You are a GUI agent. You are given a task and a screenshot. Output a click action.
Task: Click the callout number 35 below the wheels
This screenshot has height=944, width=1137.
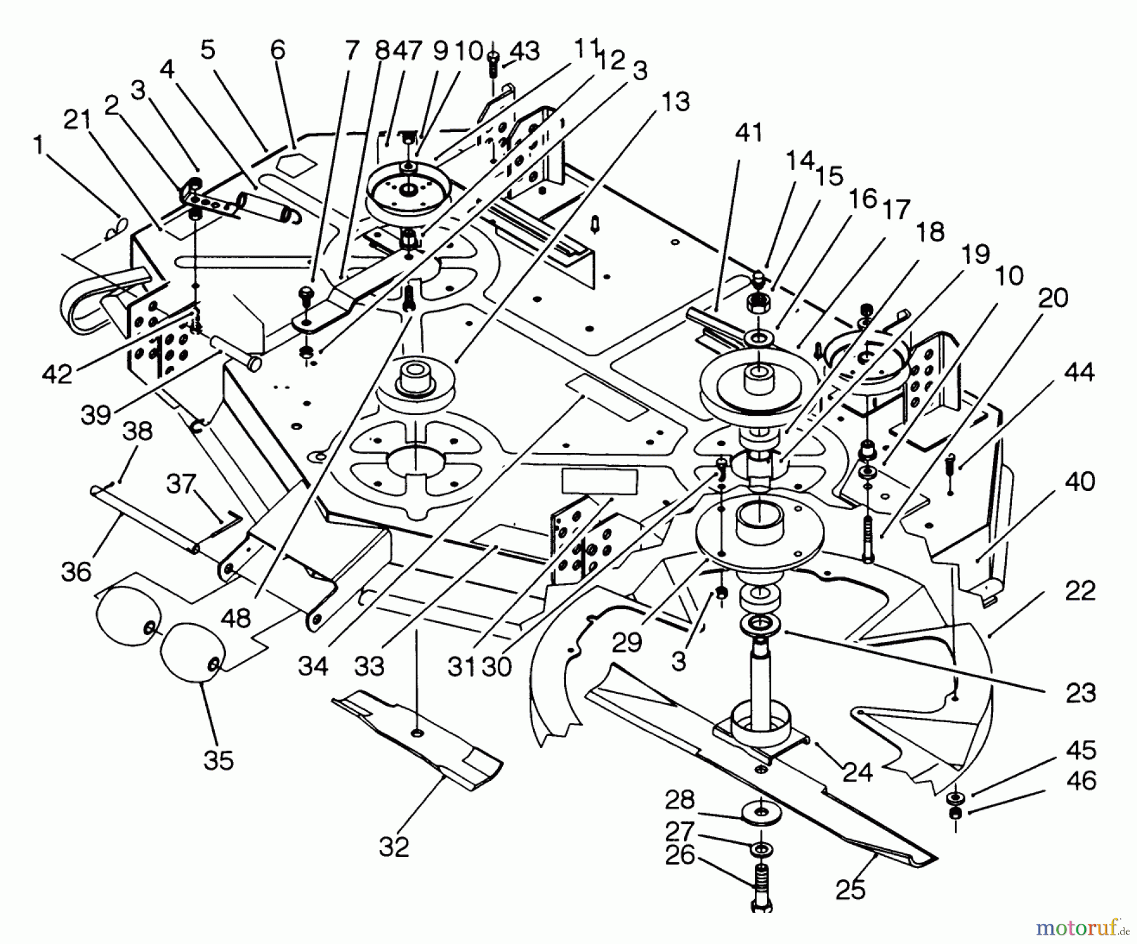pos(219,760)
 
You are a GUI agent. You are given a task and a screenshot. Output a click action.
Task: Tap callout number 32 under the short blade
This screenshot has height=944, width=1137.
pos(394,847)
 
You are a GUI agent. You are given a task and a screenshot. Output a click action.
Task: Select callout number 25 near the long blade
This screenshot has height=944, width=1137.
pos(850,890)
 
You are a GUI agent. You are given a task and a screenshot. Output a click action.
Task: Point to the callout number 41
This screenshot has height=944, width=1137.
pos(749,133)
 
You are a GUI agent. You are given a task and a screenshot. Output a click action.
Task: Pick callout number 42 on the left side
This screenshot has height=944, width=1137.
pos(57,374)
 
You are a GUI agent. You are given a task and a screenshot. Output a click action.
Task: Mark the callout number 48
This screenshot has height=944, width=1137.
pos(236,618)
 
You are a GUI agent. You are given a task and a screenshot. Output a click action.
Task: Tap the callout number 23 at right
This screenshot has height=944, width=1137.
pos(1080,693)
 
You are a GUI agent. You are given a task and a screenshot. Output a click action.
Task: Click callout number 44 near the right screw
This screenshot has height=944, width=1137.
pos(1079,373)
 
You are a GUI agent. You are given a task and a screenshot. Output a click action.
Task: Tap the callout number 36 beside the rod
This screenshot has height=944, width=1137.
pos(76,572)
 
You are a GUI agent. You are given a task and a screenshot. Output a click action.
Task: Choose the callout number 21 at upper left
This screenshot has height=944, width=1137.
pos(78,119)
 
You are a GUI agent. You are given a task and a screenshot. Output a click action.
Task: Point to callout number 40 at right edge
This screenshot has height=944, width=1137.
pos(1080,481)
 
